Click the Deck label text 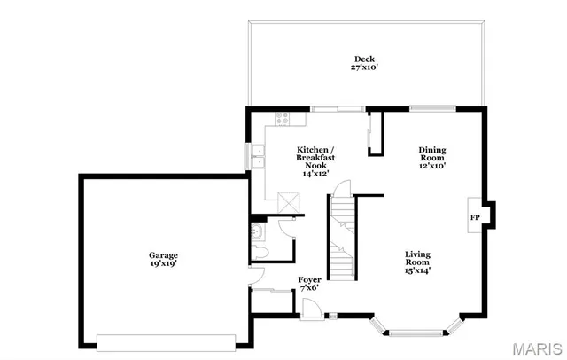click(365, 59)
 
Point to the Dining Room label click(431, 157)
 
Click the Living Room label click(417, 262)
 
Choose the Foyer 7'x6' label click(308, 284)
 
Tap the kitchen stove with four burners click(285, 117)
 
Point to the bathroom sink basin click(255, 233)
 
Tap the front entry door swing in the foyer click(311, 308)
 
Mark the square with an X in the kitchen click(288, 201)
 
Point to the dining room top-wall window click(433, 108)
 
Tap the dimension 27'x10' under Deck click(365, 67)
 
